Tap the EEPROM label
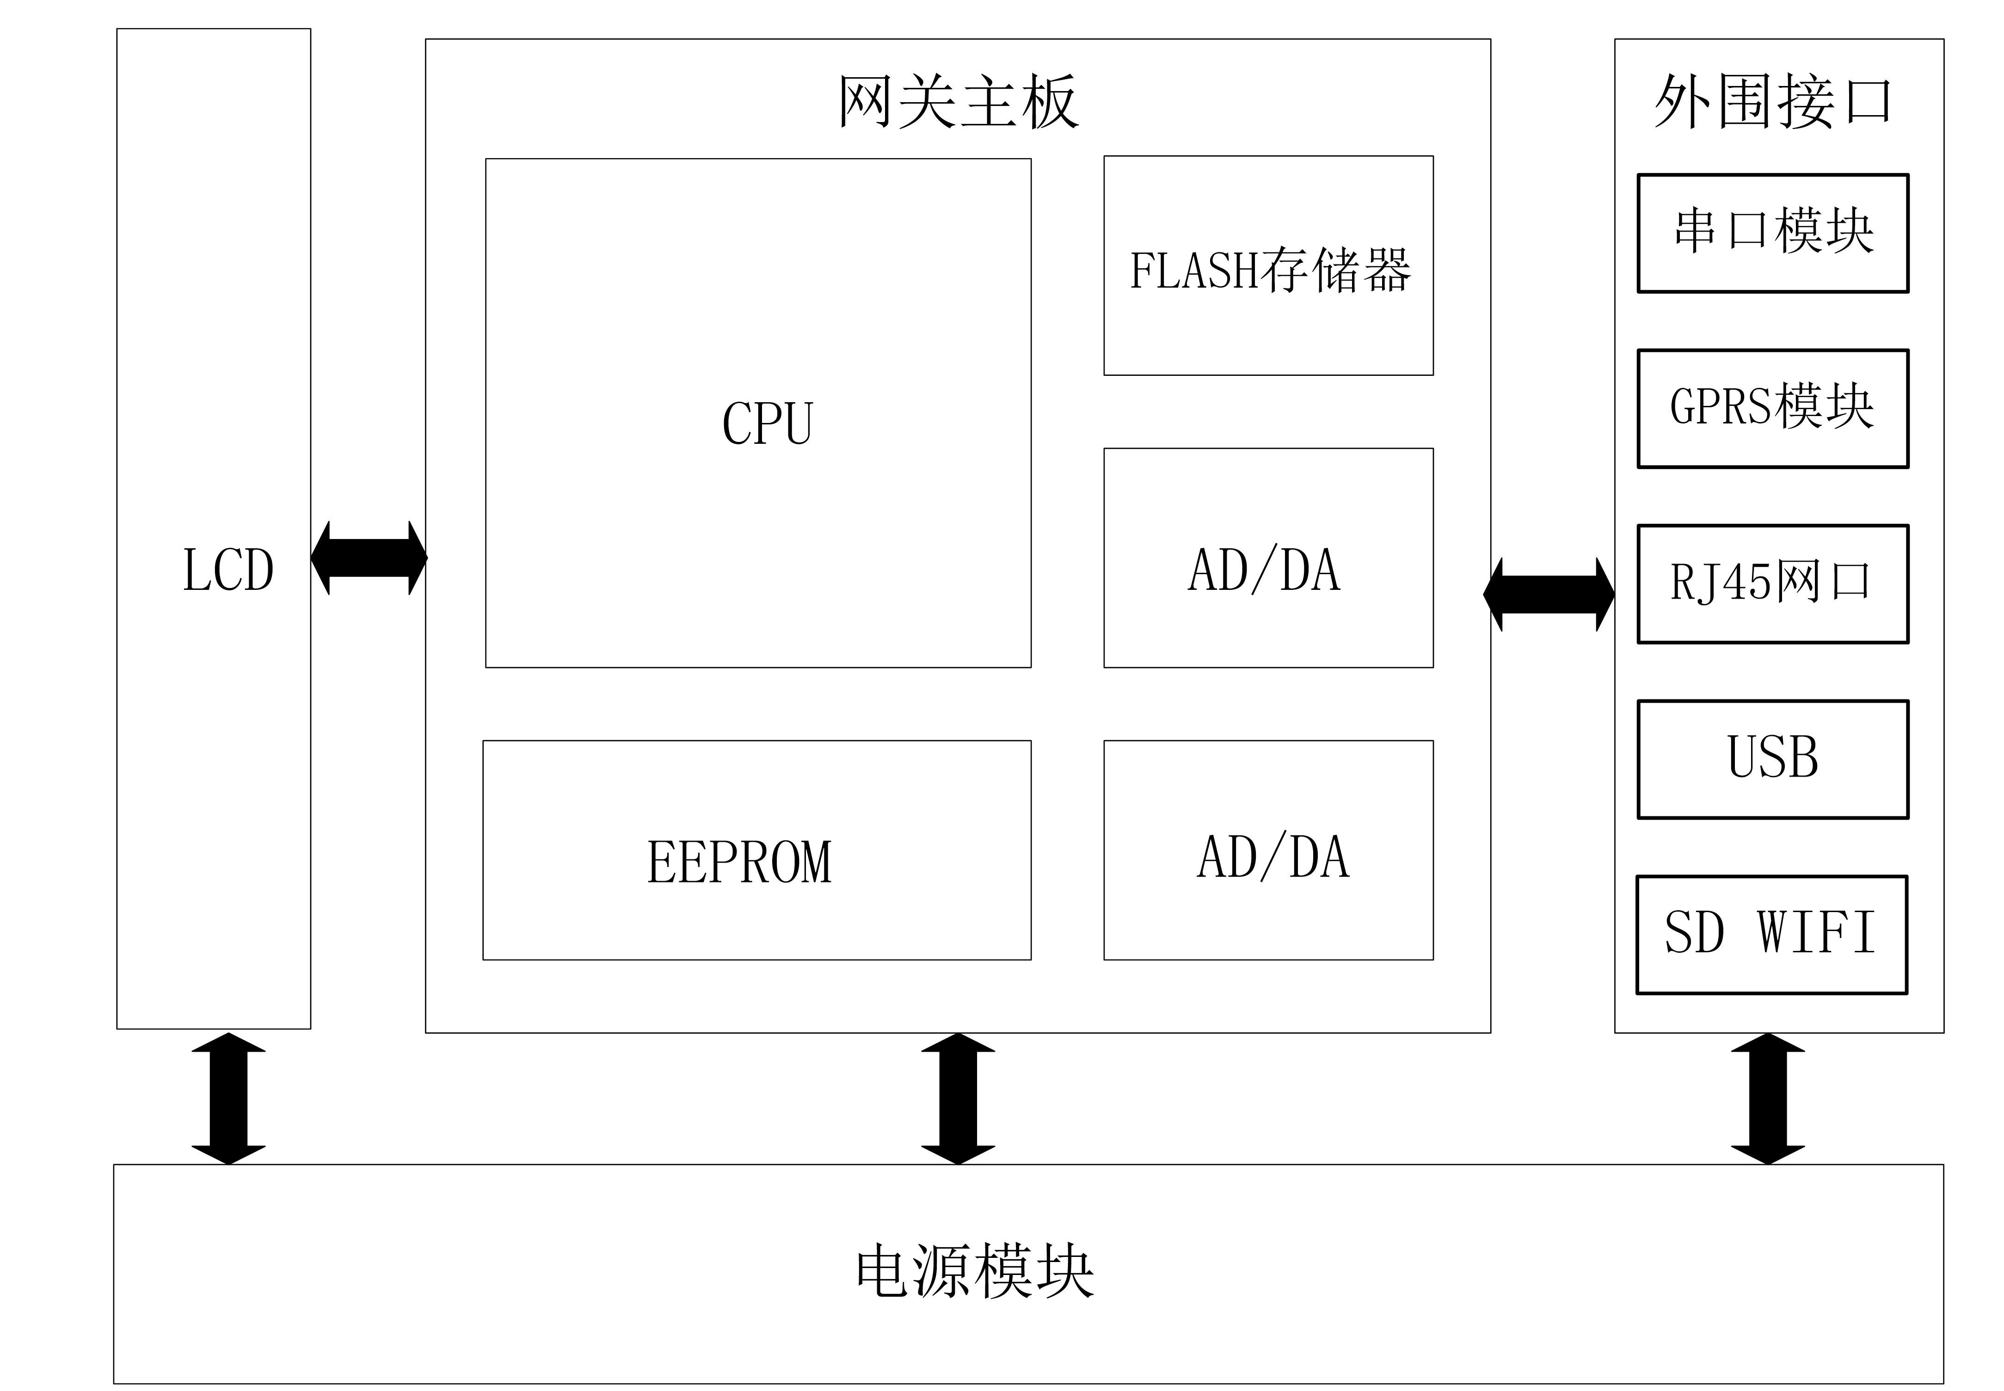pyautogui.click(x=739, y=862)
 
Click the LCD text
pyautogui.click(x=228, y=571)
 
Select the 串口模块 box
pyautogui.click(x=1772, y=233)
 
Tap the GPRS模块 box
pyautogui.click(x=1772, y=408)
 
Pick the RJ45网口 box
pyautogui.click(x=1772, y=583)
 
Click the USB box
pyautogui.click(x=1772, y=758)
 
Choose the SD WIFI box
pyautogui.click(x=1771, y=933)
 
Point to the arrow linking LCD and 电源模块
pyautogui.click(x=228, y=1098)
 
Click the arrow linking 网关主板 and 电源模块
pyautogui.click(x=958, y=1098)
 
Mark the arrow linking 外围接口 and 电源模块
pyautogui.click(x=1768, y=1098)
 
